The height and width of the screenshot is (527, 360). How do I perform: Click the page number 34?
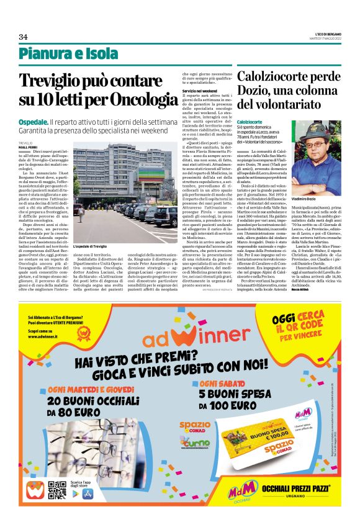point(23,37)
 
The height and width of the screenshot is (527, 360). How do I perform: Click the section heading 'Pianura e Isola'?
point(68,54)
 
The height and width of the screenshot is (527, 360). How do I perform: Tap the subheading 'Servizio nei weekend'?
point(199,91)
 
